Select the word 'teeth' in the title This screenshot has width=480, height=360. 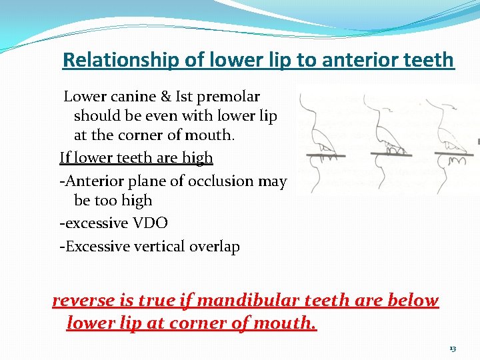click(429, 60)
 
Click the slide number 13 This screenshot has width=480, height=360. click(453, 349)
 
